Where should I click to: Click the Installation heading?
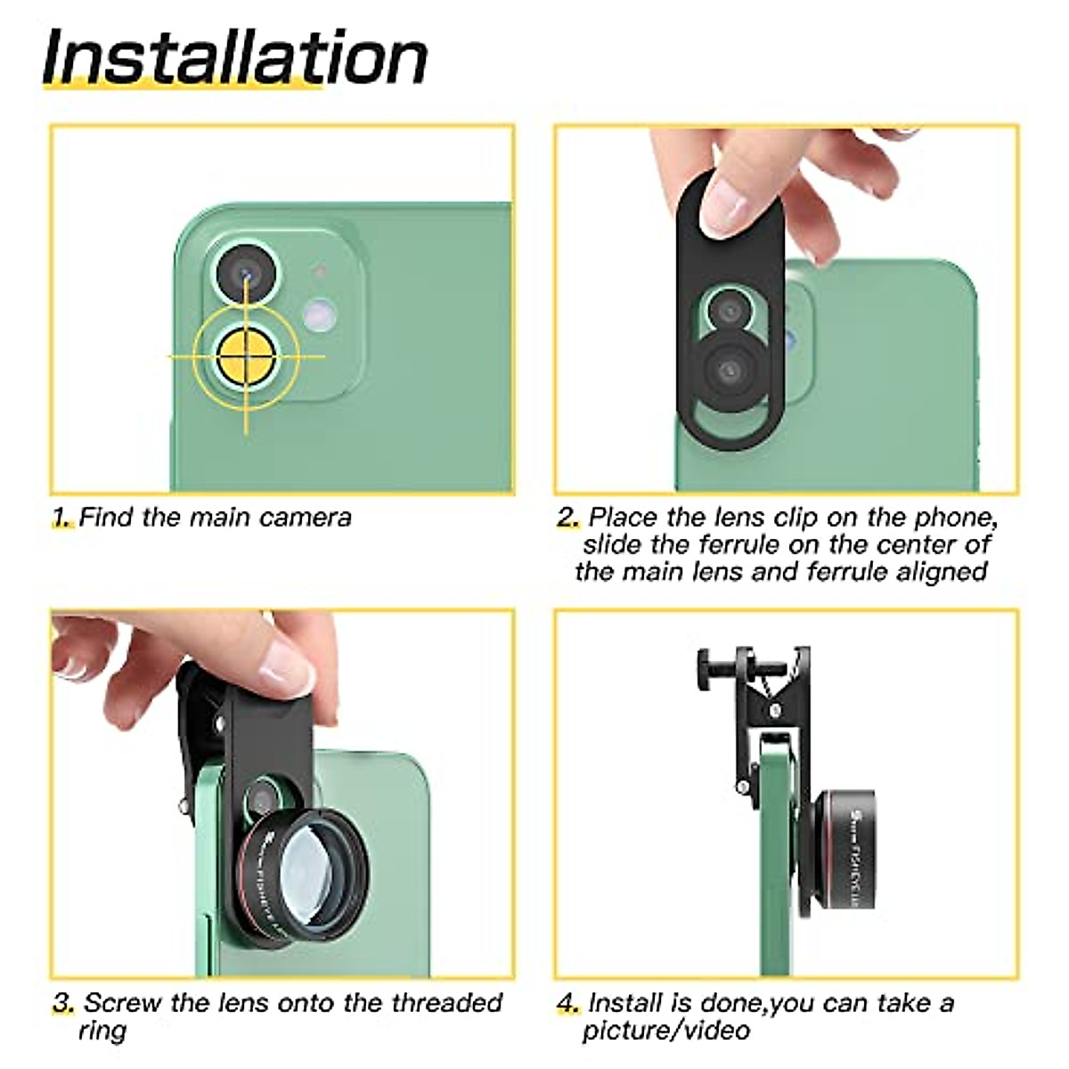pyautogui.click(x=234, y=58)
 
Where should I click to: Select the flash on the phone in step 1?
pyautogui.click(x=317, y=313)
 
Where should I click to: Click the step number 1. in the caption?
pyautogui.click(x=61, y=518)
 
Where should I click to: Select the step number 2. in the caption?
pyautogui.click(x=568, y=518)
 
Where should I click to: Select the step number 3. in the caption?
pyautogui.click(x=63, y=1003)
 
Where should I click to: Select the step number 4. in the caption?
pyautogui.click(x=568, y=1003)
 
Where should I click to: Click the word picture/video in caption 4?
pyautogui.click(x=665, y=1031)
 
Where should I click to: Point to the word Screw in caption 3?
pyautogui.click(x=124, y=1003)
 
